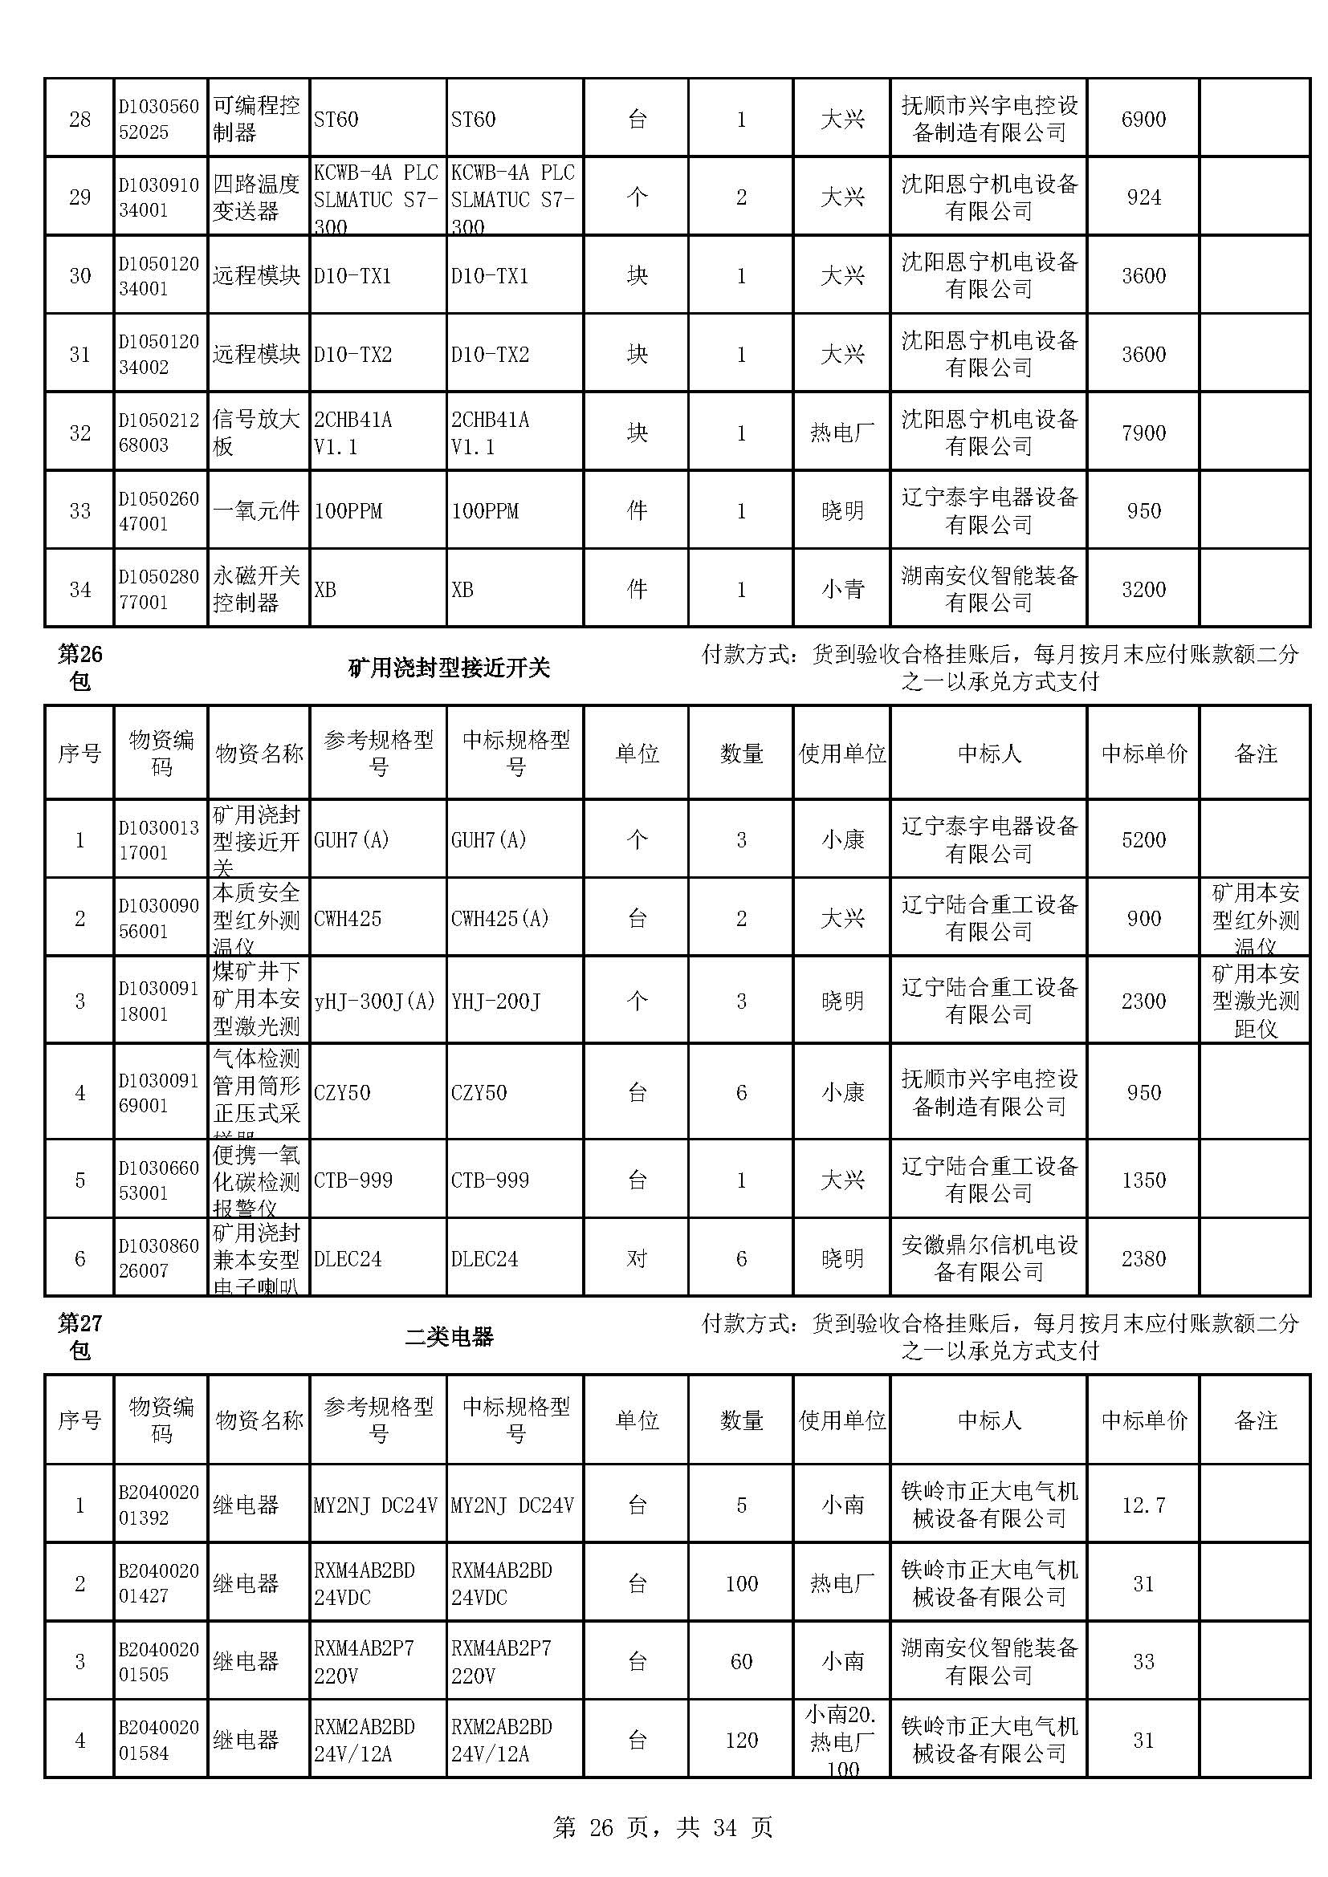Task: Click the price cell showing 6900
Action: (x=1143, y=120)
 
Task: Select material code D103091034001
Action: (x=159, y=197)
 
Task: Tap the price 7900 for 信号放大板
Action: (x=1143, y=433)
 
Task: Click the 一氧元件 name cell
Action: (x=257, y=511)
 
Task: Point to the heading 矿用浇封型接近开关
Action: (x=449, y=668)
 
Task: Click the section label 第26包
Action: (x=79, y=667)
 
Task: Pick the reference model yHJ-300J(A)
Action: (x=374, y=1001)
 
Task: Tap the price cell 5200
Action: (x=1143, y=839)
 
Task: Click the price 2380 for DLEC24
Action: (x=1143, y=1258)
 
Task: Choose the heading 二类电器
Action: (x=449, y=1337)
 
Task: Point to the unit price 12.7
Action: (x=1143, y=1505)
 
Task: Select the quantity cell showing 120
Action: (x=741, y=1740)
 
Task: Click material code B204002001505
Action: (x=159, y=1661)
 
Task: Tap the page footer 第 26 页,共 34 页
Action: (x=663, y=1827)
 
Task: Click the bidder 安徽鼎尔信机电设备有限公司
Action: (x=988, y=1258)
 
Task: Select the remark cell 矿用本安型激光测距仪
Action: (x=1254, y=1001)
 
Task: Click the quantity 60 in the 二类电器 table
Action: (x=741, y=1661)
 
